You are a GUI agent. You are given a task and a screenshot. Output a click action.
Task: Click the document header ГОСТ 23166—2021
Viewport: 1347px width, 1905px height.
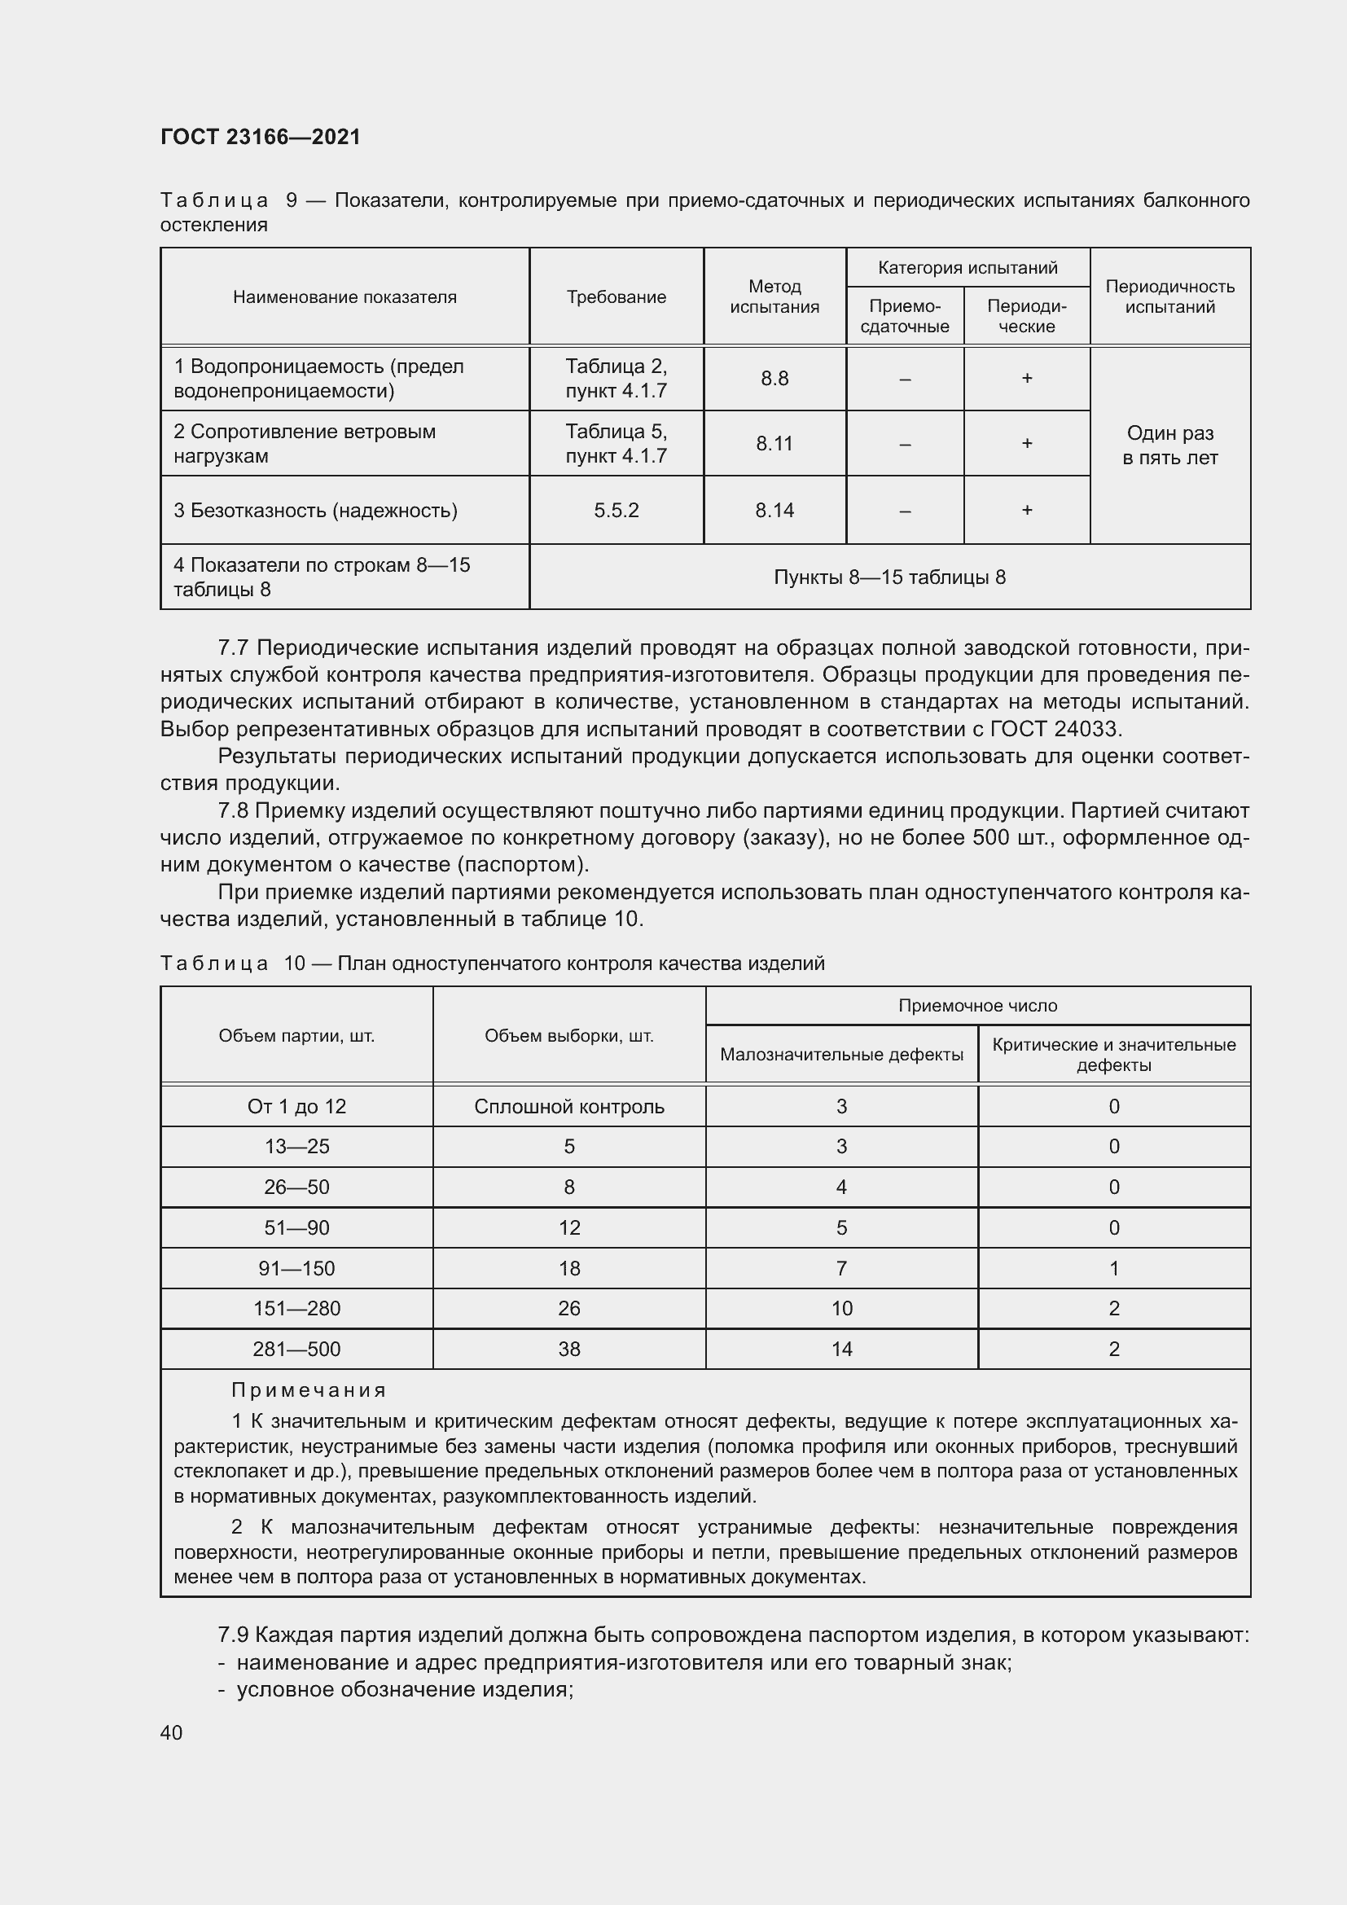(x=261, y=137)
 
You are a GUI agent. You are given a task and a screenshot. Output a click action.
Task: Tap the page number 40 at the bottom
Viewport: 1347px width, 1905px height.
(x=171, y=1732)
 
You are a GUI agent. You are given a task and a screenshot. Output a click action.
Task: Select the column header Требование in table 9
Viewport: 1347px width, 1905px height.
(x=616, y=297)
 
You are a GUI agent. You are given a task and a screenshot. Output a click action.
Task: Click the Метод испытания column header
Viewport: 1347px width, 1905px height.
(x=774, y=296)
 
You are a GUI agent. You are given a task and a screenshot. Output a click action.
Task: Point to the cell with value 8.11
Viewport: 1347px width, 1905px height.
(x=774, y=444)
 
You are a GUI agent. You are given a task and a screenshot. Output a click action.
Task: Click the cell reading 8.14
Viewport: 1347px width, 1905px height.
(x=774, y=511)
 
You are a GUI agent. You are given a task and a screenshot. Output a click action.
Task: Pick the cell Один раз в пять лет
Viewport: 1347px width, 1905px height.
(x=1169, y=446)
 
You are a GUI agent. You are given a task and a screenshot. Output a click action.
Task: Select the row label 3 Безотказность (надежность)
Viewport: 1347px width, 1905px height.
(x=315, y=511)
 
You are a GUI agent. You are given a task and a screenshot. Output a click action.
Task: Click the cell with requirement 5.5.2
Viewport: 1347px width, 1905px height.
(x=616, y=511)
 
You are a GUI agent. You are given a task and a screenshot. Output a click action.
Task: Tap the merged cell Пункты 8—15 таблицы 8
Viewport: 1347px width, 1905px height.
(x=889, y=577)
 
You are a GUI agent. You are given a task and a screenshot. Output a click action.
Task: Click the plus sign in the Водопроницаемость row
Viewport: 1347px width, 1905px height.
(x=1026, y=379)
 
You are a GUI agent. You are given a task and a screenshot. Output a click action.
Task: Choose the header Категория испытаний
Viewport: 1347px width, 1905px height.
(x=967, y=268)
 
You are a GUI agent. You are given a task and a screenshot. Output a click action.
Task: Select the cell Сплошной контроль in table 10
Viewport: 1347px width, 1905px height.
(x=569, y=1106)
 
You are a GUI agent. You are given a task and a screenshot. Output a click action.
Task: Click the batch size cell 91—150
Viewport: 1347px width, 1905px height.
(x=296, y=1268)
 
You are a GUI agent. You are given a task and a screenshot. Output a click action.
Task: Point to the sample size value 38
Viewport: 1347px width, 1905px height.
(x=569, y=1349)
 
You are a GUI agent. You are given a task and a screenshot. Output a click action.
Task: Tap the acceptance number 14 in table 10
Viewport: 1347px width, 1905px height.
(x=841, y=1349)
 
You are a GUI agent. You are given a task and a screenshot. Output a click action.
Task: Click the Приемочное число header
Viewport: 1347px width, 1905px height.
(x=977, y=1006)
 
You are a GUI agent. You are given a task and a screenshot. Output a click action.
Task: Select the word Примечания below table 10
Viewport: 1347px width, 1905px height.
(x=309, y=1389)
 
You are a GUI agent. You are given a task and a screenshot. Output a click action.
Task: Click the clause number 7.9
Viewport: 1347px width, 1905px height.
(x=233, y=1635)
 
